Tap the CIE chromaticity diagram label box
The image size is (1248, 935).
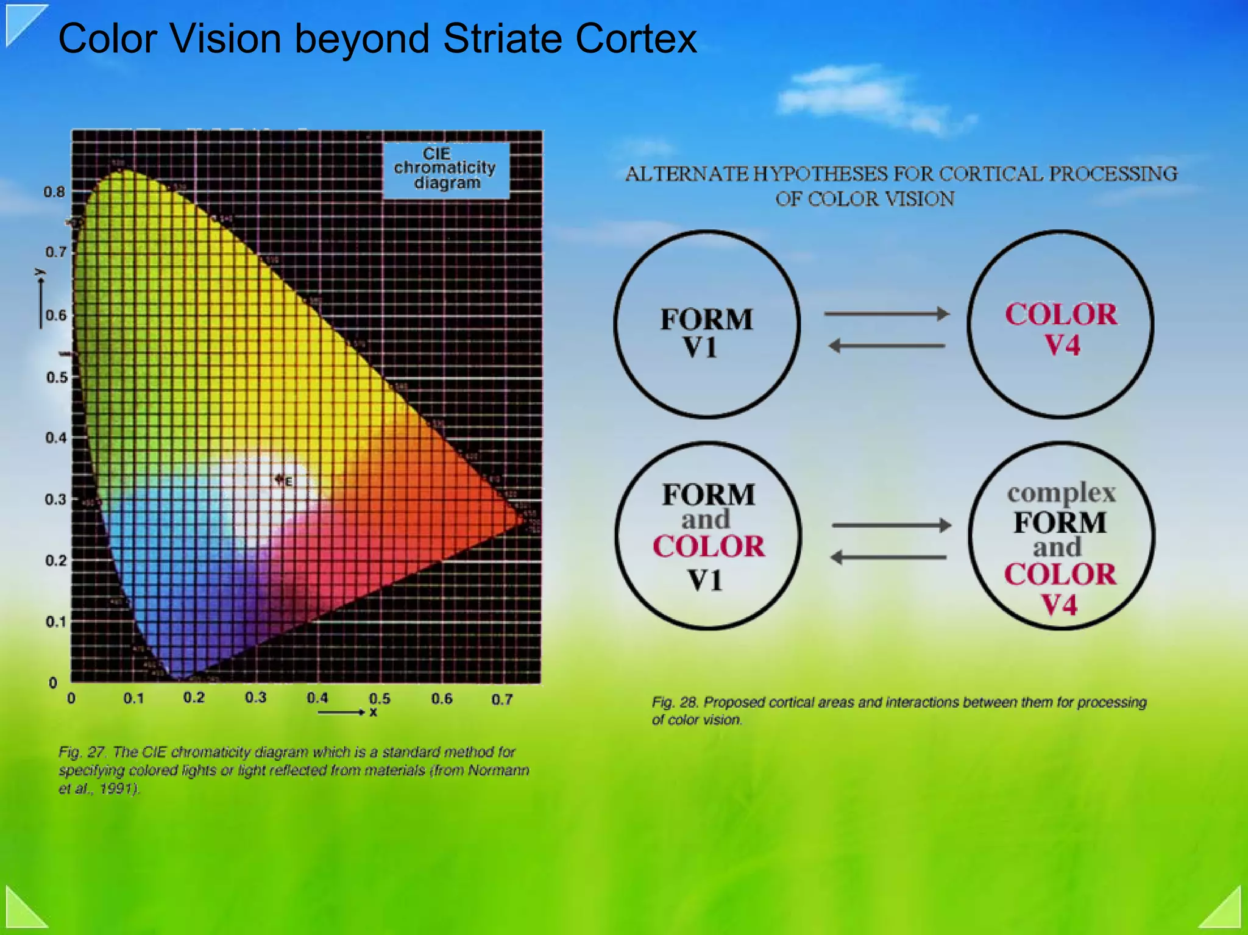coord(445,169)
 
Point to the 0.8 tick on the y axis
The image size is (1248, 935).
coord(54,192)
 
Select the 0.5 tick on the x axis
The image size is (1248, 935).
coord(379,698)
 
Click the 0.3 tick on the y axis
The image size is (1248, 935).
coord(55,499)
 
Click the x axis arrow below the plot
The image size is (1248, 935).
coord(341,712)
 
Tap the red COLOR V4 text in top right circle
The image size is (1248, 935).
coord(1061,330)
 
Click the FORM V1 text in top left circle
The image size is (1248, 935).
coord(706,333)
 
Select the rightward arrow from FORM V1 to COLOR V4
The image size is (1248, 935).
coord(886,314)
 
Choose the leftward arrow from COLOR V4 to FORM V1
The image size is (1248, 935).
coord(887,346)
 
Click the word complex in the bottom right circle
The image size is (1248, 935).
coord(1061,492)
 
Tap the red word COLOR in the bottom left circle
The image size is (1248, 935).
coord(708,546)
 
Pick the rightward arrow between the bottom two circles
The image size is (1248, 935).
coord(891,525)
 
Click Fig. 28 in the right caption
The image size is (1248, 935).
coord(675,702)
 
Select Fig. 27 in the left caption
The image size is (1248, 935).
coord(82,752)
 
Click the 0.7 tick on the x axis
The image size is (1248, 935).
coord(502,699)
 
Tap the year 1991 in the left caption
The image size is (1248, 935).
coord(118,789)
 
